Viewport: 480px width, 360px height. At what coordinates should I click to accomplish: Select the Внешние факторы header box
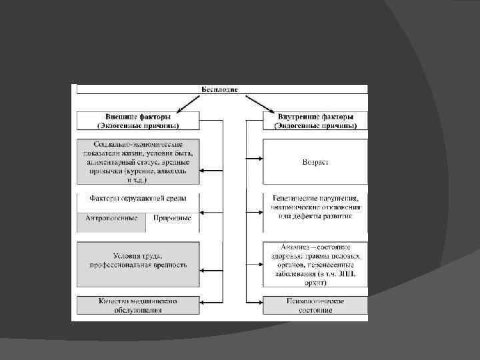[x=138, y=120]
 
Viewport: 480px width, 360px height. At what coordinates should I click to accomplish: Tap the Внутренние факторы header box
[x=315, y=120]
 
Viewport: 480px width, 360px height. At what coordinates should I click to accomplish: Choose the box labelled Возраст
[x=315, y=161]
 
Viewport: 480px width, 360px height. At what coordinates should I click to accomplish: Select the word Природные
[x=172, y=218]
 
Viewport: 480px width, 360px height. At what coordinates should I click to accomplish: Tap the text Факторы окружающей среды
[x=138, y=199]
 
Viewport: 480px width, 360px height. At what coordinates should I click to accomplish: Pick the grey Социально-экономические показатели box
[x=138, y=161]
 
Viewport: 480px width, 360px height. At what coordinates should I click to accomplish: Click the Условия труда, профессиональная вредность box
[x=138, y=260]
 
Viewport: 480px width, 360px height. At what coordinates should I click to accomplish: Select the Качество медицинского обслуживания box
[x=138, y=305]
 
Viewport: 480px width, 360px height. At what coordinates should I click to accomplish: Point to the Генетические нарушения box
[x=315, y=207]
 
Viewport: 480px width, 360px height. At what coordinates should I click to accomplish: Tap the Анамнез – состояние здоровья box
[x=315, y=264]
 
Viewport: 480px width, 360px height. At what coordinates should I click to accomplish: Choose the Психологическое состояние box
[x=315, y=305]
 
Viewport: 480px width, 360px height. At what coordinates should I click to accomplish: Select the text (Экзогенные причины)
[x=138, y=125]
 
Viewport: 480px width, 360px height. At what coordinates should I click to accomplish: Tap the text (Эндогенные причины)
[x=315, y=125]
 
